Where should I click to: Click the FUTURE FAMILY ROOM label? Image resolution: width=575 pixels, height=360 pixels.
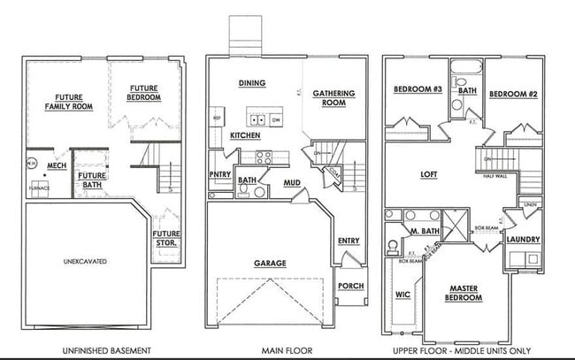point(68,102)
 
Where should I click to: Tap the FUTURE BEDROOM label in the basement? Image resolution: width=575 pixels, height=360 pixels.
point(144,92)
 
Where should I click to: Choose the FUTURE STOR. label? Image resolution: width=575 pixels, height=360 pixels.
point(166,238)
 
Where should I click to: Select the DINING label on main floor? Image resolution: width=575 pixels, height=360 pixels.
point(253,83)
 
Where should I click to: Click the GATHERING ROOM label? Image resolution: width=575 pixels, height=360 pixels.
point(333,97)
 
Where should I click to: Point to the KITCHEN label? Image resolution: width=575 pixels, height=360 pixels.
point(245,135)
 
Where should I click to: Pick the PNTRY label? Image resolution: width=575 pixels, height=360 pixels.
point(219,175)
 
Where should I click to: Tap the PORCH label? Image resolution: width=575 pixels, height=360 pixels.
point(350,286)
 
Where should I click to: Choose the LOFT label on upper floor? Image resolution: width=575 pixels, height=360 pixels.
point(429,174)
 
